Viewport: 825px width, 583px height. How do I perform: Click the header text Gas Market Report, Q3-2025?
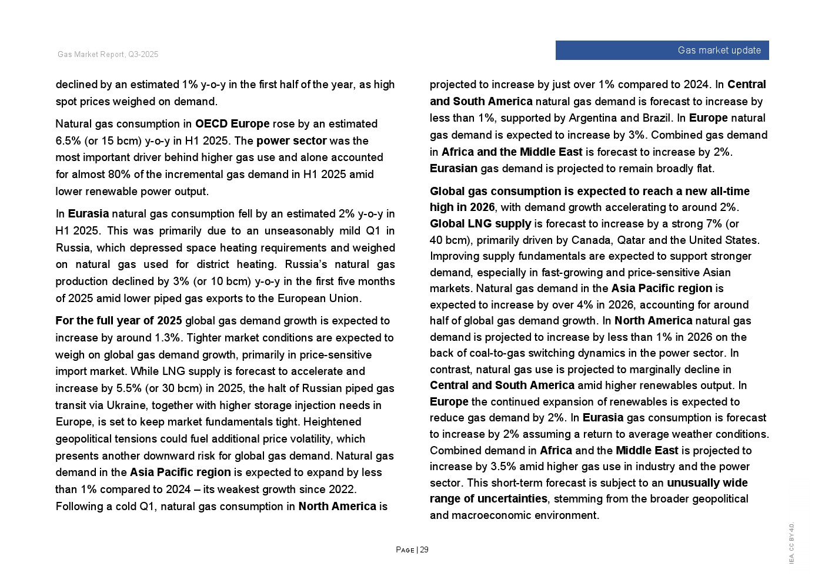[108, 55]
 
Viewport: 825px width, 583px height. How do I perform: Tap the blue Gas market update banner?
[662, 51]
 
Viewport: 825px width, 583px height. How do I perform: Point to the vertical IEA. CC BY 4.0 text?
[791, 544]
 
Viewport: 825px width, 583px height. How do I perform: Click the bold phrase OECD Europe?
[232, 124]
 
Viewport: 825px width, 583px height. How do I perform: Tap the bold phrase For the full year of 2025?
[119, 321]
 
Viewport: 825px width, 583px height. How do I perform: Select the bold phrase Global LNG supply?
[480, 224]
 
